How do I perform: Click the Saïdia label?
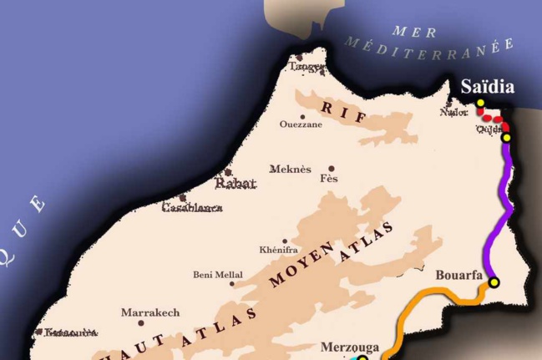click(x=488, y=87)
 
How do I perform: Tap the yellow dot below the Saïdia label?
click(x=480, y=104)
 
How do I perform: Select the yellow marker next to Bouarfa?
click(x=494, y=282)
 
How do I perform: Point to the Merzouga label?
click(x=350, y=347)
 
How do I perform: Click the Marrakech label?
click(x=150, y=312)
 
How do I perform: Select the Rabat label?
click(x=236, y=183)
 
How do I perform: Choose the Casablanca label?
click(x=192, y=207)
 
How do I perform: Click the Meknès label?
click(x=290, y=170)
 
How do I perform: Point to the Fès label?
click(x=329, y=179)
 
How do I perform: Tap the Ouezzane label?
click(x=301, y=124)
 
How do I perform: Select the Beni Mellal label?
click(x=218, y=274)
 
